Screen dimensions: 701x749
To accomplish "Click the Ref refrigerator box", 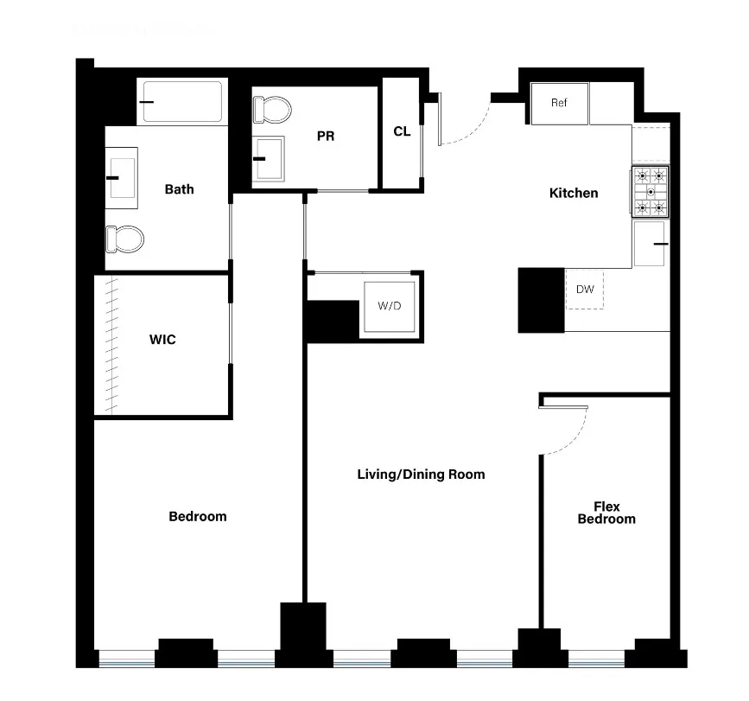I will pyautogui.click(x=559, y=103).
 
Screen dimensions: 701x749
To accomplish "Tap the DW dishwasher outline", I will pyautogui.click(x=585, y=290).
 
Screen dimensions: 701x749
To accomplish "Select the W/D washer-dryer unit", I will pyautogui.click(x=390, y=306).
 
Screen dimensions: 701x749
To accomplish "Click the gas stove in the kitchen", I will pyautogui.click(x=651, y=191).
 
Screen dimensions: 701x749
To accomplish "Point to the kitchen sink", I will pyautogui.click(x=650, y=244).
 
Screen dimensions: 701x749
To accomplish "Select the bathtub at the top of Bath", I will pyautogui.click(x=182, y=102).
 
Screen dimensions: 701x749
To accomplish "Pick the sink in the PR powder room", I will pyautogui.click(x=269, y=158).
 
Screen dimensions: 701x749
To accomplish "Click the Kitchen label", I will pyautogui.click(x=574, y=193).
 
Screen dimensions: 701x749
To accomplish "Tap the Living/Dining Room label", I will pyautogui.click(x=421, y=474).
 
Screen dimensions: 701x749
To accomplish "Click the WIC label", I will pyautogui.click(x=162, y=340).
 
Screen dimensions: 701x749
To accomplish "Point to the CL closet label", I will pyautogui.click(x=402, y=131).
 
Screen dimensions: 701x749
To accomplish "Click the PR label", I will pyautogui.click(x=326, y=136).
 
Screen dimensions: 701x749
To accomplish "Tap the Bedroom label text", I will pyautogui.click(x=197, y=516).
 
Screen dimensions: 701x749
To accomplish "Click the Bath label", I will pyautogui.click(x=180, y=189).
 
